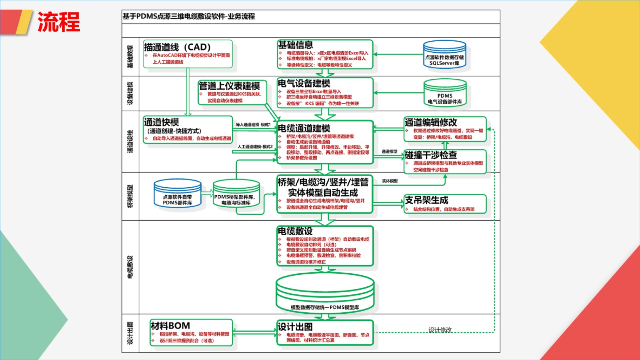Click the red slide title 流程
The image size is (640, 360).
pos(59,22)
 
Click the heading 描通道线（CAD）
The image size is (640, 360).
pos(177,47)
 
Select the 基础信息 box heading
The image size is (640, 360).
pos(296,45)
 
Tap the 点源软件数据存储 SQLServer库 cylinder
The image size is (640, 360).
pos(445,55)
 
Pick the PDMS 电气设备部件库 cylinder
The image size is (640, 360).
pos(445,93)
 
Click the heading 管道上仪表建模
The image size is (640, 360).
pos(230,86)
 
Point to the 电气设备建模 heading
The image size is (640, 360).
pos(304,83)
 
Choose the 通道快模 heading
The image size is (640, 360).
pos(162,122)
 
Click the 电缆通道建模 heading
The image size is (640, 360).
pos(304,128)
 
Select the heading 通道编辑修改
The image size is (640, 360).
pos(431,122)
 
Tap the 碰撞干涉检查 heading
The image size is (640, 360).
pos(431,155)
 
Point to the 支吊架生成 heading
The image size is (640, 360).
pos(426,200)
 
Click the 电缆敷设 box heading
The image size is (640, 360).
pos(295,231)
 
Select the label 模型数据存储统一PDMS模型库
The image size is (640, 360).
pos(325,307)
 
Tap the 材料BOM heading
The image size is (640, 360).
pos(170,326)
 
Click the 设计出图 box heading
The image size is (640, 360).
pos(295,326)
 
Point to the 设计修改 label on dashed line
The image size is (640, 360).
pos(440,330)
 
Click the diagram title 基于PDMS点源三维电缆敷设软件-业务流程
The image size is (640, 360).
pos(189,16)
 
